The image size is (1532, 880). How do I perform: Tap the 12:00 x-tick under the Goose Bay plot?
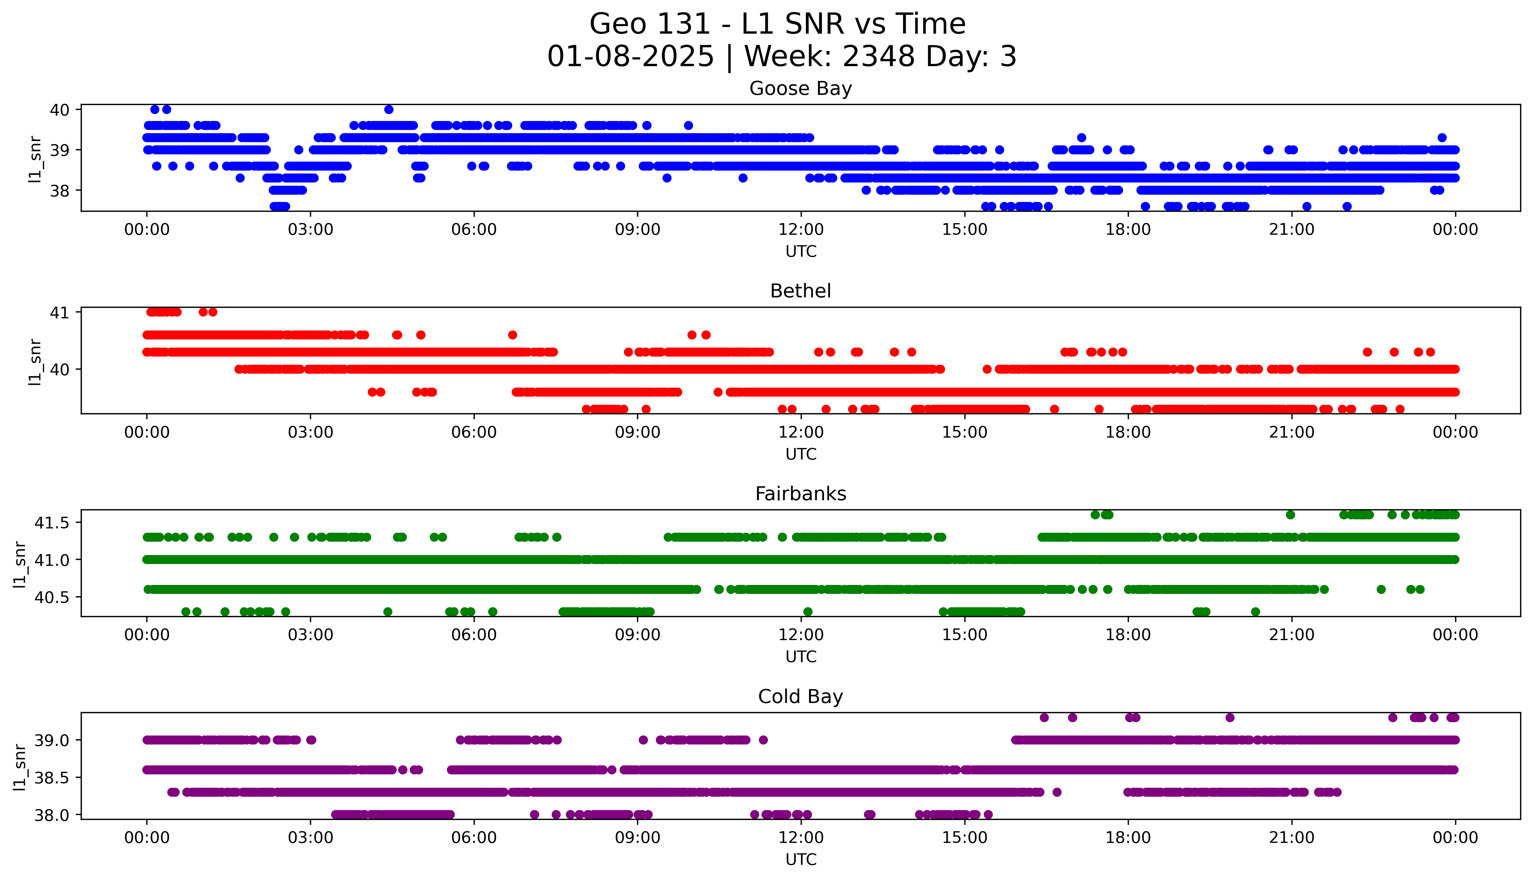[801, 230]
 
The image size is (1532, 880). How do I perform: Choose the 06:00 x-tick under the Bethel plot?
[474, 432]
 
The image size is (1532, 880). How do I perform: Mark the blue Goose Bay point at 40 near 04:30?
[389, 109]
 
